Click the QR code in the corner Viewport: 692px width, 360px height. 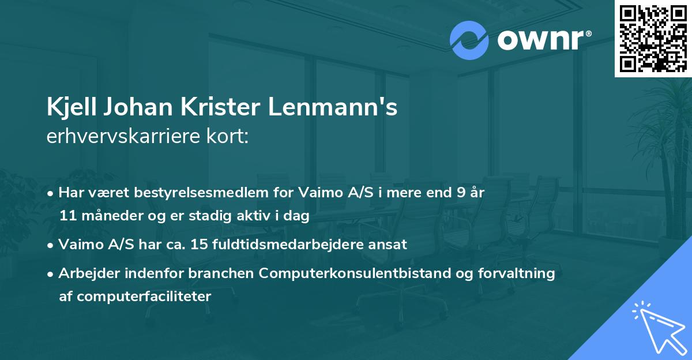pyautogui.click(x=653, y=38)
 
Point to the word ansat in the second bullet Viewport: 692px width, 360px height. pyautogui.click(x=390, y=244)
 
